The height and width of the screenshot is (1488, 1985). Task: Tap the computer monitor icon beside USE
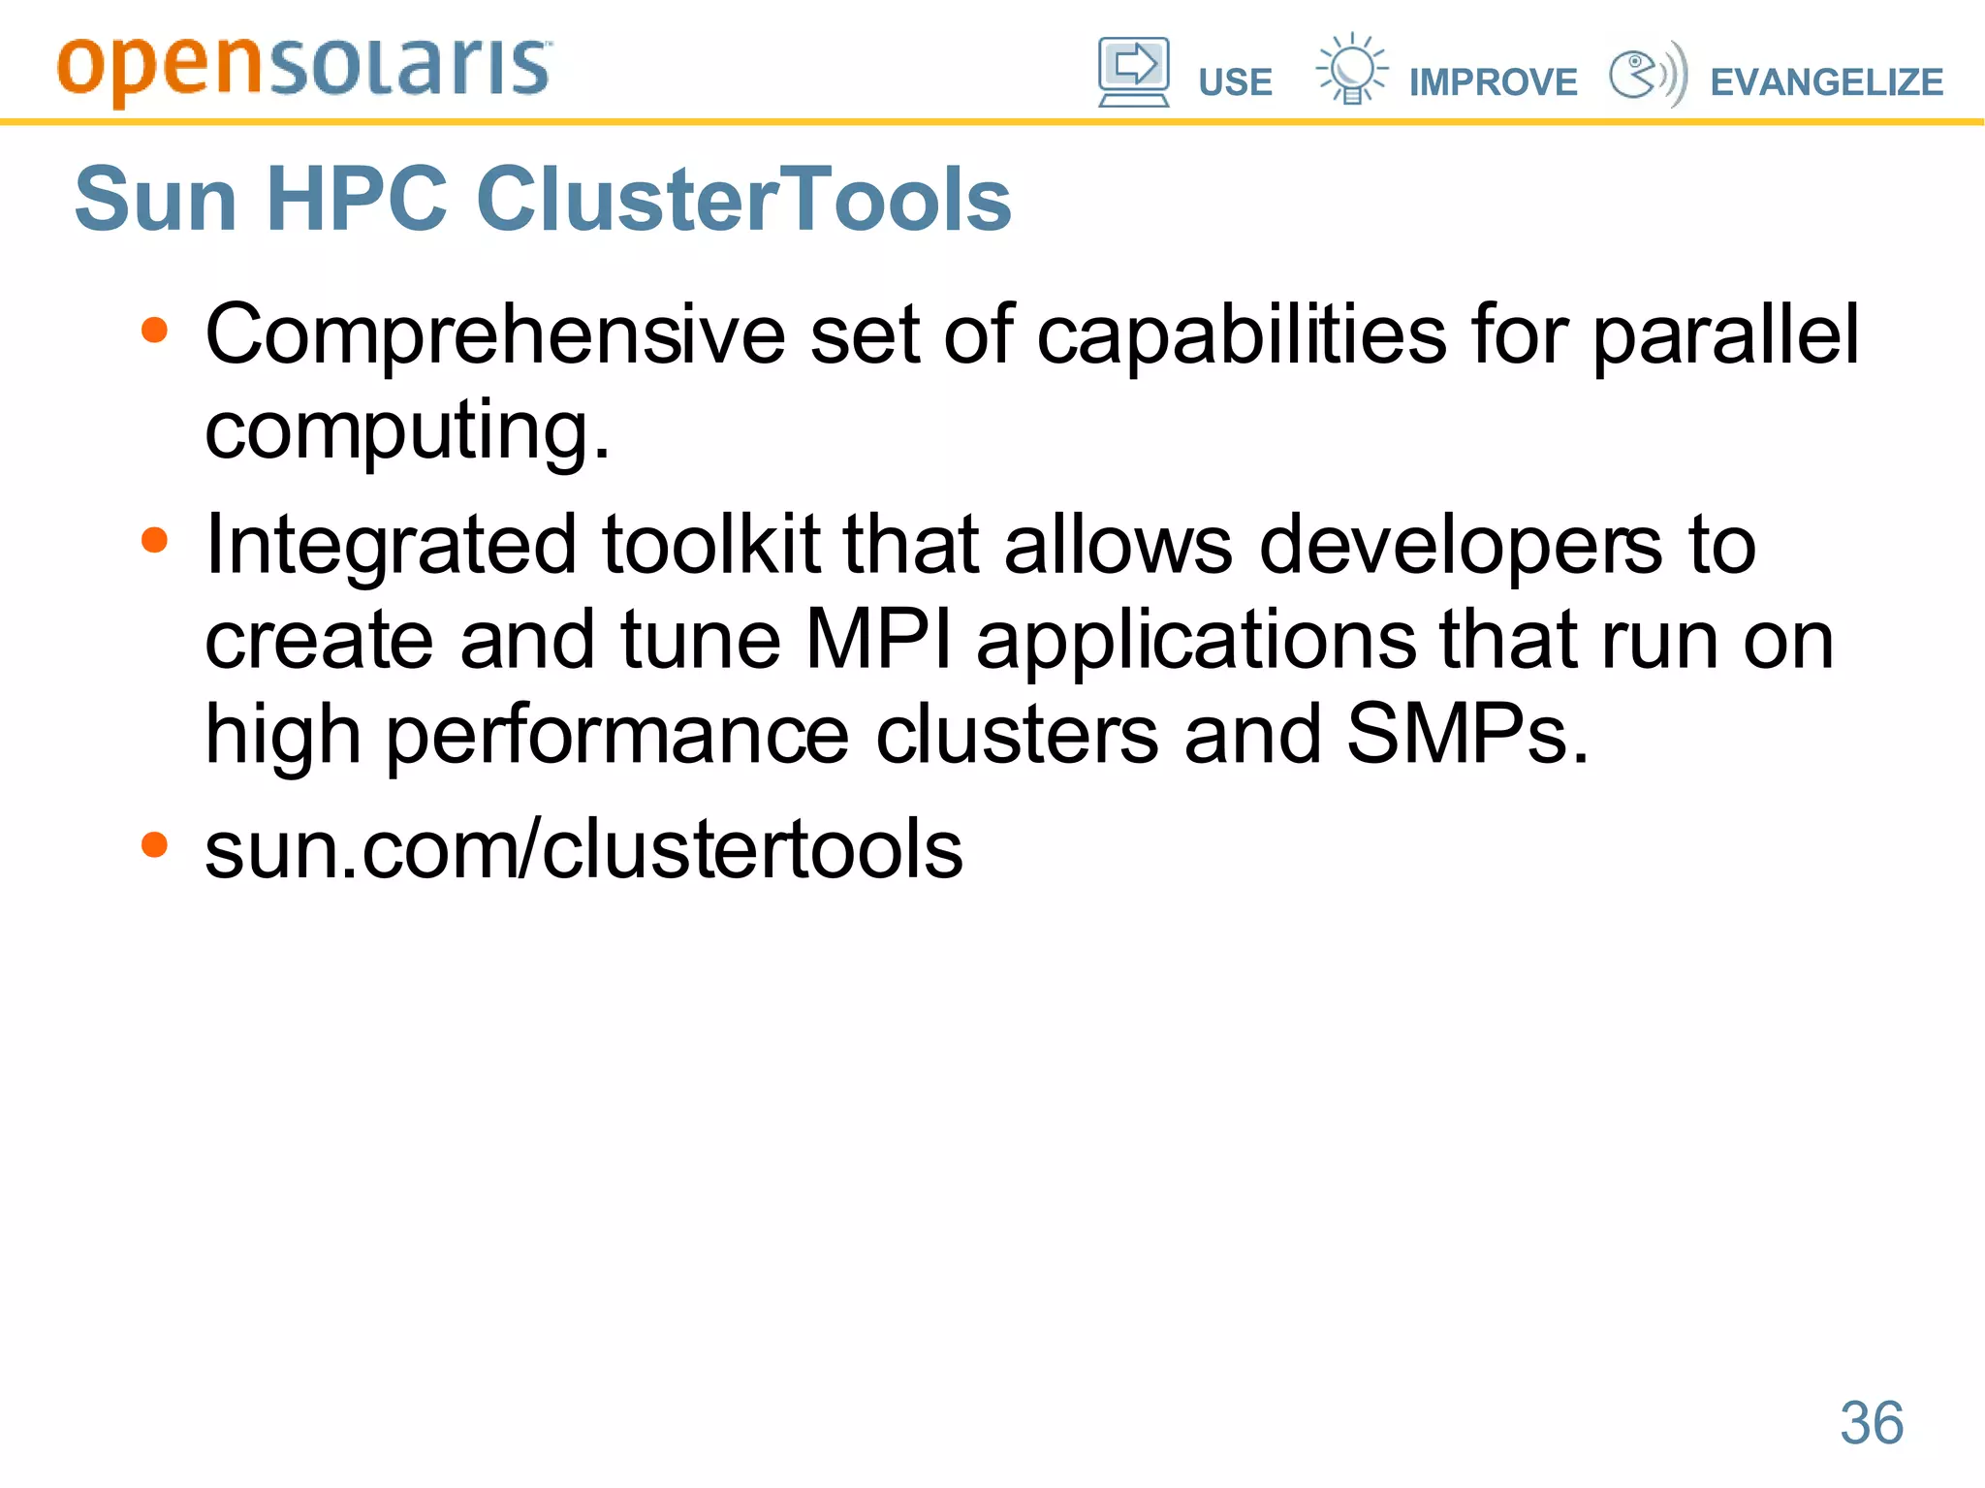(1133, 71)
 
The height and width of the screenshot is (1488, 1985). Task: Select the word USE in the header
(1235, 82)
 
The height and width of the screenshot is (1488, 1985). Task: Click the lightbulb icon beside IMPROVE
(1351, 69)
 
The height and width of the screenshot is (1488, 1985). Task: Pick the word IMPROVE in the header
(1493, 82)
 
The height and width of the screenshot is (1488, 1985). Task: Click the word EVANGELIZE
(1826, 82)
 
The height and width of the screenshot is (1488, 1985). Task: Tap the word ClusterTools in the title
(743, 199)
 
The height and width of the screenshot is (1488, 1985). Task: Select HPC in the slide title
(357, 199)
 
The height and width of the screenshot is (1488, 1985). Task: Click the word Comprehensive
(494, 335)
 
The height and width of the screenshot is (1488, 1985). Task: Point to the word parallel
(1725, 335)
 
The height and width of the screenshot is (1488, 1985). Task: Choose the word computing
(407, 430)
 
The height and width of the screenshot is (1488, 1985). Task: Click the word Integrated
(392, 545)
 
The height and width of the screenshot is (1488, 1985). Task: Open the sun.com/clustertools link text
(583, 849)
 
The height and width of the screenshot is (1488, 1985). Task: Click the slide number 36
(1872, 1423)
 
